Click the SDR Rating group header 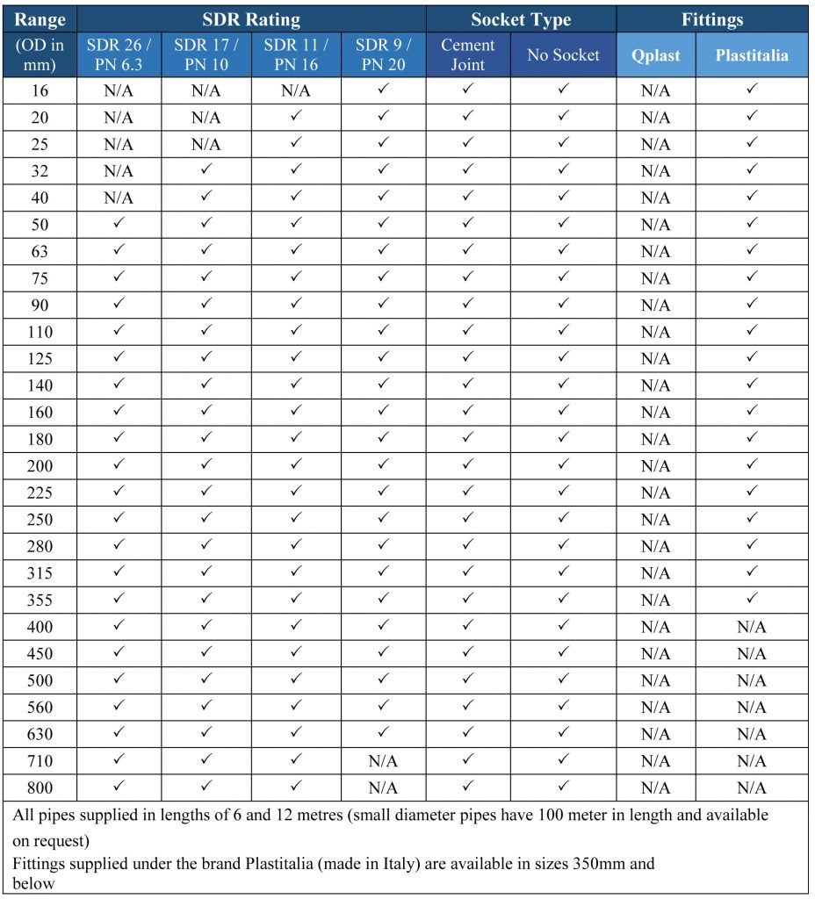[251, 19]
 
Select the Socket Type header [521, 19]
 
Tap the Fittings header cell [711, 19]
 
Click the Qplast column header [655, 55]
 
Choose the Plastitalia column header [751, 55]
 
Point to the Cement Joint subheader [468, 54]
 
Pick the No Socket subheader [563, 55]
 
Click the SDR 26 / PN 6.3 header [119, 54]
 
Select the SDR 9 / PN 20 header [383, 54]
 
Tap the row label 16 [40, 90]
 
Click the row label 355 [40, 601]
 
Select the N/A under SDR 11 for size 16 [295, 90]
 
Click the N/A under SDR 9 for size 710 [383, 761]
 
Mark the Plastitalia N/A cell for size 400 [751, 628]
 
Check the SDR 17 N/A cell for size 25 [206, 144]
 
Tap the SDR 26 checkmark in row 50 [119, 224]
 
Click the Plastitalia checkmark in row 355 [751, 600]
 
